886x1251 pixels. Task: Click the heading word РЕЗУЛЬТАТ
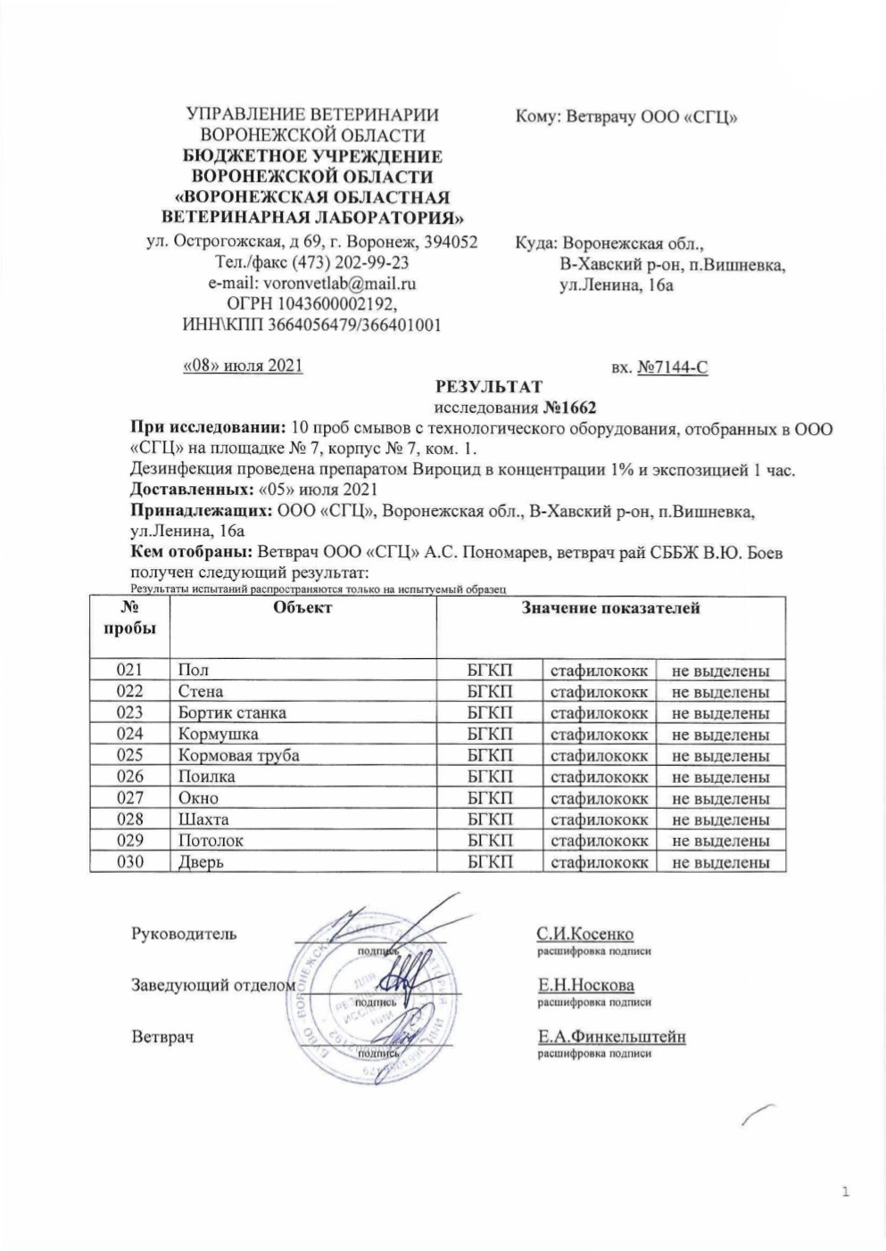[487, 387]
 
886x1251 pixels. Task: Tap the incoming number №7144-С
[673, 366]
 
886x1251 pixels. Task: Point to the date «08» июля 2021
[243, 366]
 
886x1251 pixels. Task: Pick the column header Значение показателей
[610, 608]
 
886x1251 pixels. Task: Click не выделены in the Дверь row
[720, 862]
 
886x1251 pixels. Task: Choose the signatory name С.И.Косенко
[584, 934]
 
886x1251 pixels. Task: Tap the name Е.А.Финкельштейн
[610, 1037]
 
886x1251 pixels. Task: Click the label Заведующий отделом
[213, 985]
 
